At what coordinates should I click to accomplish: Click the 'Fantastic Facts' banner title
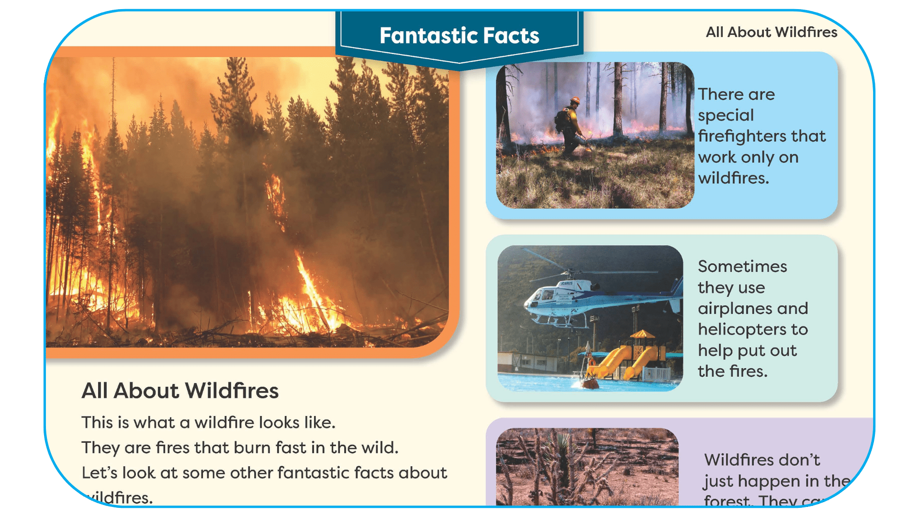[459, 35]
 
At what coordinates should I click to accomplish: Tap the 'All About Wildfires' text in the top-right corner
[771, 32]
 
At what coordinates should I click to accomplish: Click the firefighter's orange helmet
[575, 101]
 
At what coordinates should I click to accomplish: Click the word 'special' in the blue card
[726, 115]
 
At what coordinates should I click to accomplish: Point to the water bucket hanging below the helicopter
[589, 382]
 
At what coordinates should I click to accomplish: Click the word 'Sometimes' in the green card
[742, 266]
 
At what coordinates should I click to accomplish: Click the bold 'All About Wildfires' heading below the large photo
[180, 391]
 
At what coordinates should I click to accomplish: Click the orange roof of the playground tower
[643, 334]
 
